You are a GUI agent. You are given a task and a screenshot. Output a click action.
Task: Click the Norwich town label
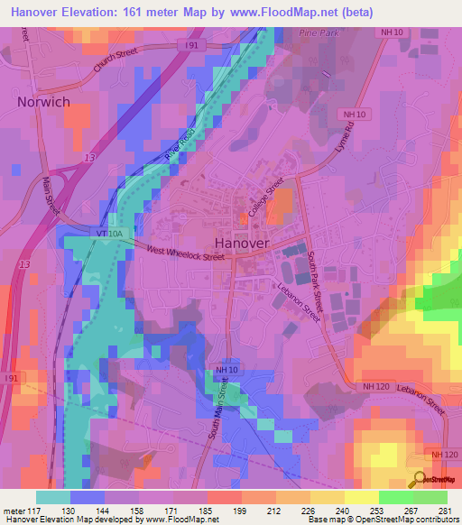(x=42, y=102)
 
